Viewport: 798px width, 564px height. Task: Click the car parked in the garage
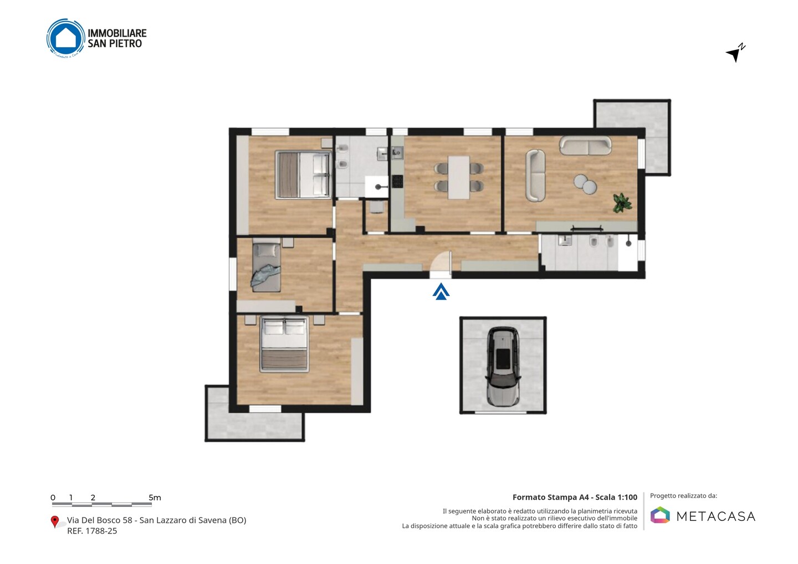[503, 367]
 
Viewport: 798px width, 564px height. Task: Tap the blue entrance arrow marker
[441, 291]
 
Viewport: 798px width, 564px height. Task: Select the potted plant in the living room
[622, 203]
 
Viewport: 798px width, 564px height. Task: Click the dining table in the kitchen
[458, 177]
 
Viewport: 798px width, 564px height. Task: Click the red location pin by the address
[54, 522]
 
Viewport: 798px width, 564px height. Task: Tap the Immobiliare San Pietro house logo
[65, 38]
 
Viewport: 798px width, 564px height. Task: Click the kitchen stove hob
[397, 181]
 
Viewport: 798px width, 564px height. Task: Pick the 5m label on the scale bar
[155, 498]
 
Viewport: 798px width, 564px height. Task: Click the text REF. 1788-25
[92, 531]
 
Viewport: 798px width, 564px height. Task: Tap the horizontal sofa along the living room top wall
[585, 146]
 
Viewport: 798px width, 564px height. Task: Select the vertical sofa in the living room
[535, 176]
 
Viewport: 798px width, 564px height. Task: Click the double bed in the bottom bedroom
[284, 344]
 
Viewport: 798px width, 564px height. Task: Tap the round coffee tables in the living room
[585, 184]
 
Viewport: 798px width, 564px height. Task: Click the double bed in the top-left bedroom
[304, 175]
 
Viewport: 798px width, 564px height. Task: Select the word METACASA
[716, 516]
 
